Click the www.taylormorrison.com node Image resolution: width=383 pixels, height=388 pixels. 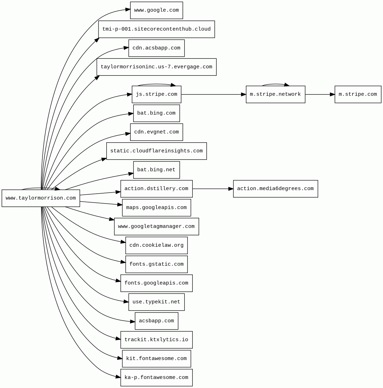41,198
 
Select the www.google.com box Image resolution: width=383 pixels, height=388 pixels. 156,10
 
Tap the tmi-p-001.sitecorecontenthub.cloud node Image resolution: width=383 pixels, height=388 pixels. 156,29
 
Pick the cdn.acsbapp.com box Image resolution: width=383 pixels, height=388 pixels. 156,48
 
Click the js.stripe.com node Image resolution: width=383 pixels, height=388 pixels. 156,95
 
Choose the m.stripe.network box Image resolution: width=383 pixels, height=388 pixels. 275,95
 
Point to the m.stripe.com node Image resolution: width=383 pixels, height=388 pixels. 358,95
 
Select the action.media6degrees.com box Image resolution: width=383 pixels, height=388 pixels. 275,189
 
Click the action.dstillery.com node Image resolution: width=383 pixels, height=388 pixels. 156,189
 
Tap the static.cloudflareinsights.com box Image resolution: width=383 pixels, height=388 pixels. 156,151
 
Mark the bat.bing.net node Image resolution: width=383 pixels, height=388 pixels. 156,170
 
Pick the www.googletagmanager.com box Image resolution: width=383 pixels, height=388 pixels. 156,227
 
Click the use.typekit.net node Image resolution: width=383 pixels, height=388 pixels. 156,302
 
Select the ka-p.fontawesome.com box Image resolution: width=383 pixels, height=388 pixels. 156,378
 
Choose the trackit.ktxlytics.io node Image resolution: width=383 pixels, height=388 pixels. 156,340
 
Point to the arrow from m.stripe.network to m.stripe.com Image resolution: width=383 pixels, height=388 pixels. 320,95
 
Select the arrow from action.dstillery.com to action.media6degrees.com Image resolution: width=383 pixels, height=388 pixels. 213,189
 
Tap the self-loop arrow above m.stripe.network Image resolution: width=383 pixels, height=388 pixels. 275,84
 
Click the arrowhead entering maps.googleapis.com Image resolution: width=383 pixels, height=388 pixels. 120,204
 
